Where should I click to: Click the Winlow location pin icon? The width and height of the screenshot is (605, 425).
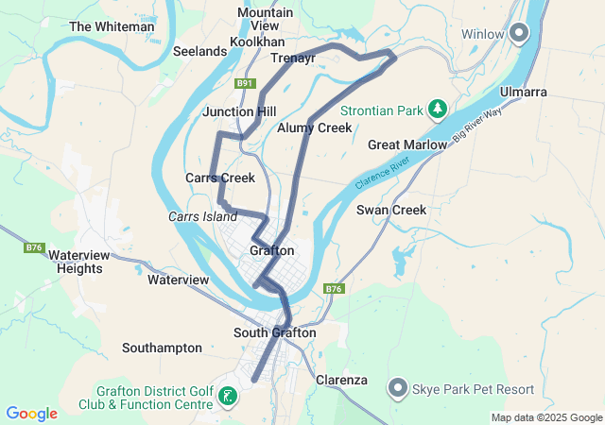point(519,35)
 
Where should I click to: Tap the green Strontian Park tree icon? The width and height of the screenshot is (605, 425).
point(437,110)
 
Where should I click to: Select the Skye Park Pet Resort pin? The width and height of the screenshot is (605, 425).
point(398,389)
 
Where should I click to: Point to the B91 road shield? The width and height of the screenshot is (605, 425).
point(246,83)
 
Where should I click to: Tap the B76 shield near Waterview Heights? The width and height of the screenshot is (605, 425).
point(34,247)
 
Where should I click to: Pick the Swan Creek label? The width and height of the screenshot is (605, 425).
point(391,210)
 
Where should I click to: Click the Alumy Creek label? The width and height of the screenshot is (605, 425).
point(315,127)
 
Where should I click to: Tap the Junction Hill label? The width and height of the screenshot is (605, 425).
point(239,111)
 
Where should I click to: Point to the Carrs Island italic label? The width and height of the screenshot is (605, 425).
point(202,216)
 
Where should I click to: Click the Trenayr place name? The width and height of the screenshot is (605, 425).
point(292,58)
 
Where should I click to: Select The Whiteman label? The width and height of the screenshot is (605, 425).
point(112,26)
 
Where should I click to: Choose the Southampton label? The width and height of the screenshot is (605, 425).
point(162,348)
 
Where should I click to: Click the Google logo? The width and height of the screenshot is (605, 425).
point(31,414)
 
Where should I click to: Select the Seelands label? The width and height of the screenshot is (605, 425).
point(199,51)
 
